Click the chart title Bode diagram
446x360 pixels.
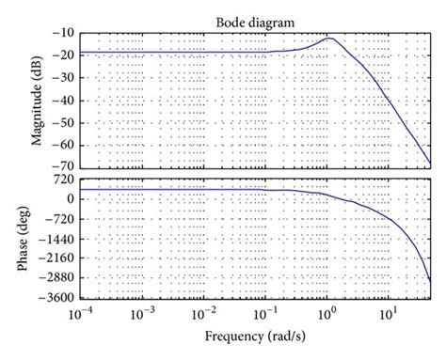point(254,21)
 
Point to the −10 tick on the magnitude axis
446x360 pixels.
point(65,33)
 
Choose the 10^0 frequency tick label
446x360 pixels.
point(327,314)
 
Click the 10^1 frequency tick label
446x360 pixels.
point(387,314)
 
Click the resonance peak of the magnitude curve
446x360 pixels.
point(330,39)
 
